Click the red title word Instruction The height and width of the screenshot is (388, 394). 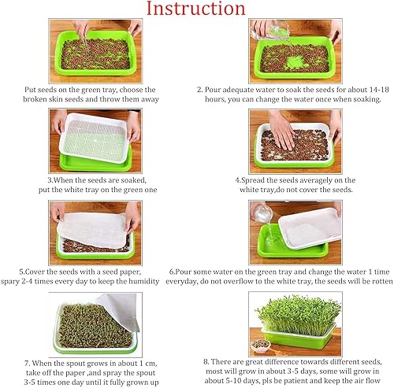[196, 9]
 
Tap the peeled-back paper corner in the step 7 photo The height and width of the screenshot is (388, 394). [126, 302]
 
